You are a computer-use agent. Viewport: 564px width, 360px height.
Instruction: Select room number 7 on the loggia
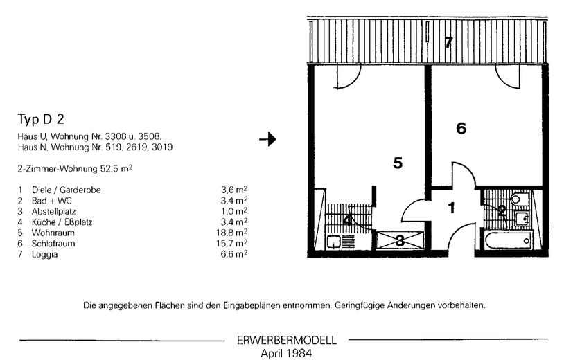point(448,43)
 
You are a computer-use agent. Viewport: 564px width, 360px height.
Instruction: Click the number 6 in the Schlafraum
point(461,128)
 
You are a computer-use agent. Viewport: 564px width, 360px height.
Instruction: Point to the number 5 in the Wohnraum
point(398,163)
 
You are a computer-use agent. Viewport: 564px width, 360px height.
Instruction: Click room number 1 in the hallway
point(451,207)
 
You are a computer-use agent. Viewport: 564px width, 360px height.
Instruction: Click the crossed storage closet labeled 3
point(400,241)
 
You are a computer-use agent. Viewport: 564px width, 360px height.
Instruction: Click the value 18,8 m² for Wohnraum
point(234,233)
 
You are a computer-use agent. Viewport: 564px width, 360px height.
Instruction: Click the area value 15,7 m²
point(234,244)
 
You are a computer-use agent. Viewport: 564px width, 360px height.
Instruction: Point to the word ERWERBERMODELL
point(286,341)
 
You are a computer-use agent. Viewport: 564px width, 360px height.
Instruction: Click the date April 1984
point(286,352)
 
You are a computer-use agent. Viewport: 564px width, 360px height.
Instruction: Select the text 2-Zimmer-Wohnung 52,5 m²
point(75,168)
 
